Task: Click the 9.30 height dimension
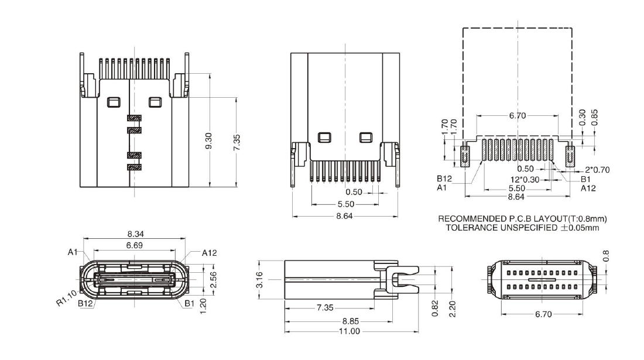tap(209, 140)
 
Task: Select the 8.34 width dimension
tap(135, 234)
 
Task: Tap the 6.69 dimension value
tap(135, 245)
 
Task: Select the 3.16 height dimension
tap(261, 279)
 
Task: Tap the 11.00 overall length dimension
tap(351, 331)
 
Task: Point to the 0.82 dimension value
tap(434, 307)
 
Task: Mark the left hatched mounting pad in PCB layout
tap(466, 155)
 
